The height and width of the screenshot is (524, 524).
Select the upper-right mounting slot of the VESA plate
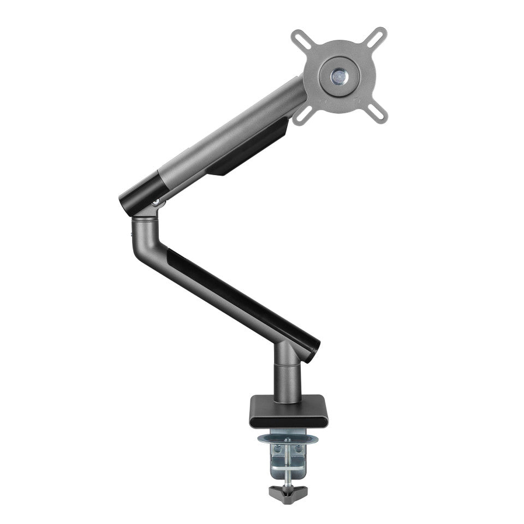coord(377,37)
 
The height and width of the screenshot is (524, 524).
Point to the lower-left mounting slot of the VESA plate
coord(302,114)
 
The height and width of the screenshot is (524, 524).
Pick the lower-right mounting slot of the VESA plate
coord(377,114)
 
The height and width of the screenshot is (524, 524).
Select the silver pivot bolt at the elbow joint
coord(156,203)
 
